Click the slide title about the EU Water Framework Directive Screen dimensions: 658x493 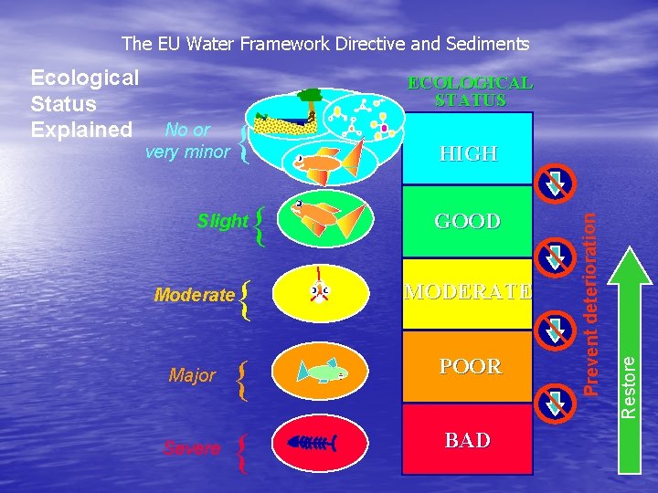tap(325, 44)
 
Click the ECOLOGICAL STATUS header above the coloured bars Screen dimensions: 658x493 tap(470, 91)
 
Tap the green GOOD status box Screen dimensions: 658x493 tap(467, 222)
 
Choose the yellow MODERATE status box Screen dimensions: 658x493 tap(467, 292)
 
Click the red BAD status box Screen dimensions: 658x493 tap(467, 441)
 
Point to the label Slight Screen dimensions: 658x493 tap(222, 221)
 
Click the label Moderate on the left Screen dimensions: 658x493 tap(195, 295)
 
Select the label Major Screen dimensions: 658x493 tap(192, 375)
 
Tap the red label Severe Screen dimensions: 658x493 tap(191, 448)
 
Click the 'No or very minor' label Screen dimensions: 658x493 tap(187, 142)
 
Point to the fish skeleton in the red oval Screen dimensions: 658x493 tap(315, 444)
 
